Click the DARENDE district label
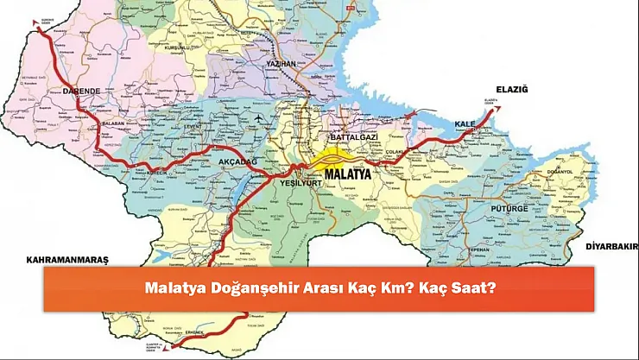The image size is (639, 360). click(79, 90)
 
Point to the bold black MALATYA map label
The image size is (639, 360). click(345, 174)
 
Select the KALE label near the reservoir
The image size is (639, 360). click(465, 123)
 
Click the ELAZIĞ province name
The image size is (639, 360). click(511, 89)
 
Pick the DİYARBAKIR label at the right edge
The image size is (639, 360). click(610, 246)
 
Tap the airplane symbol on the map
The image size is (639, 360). click(257, 116)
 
